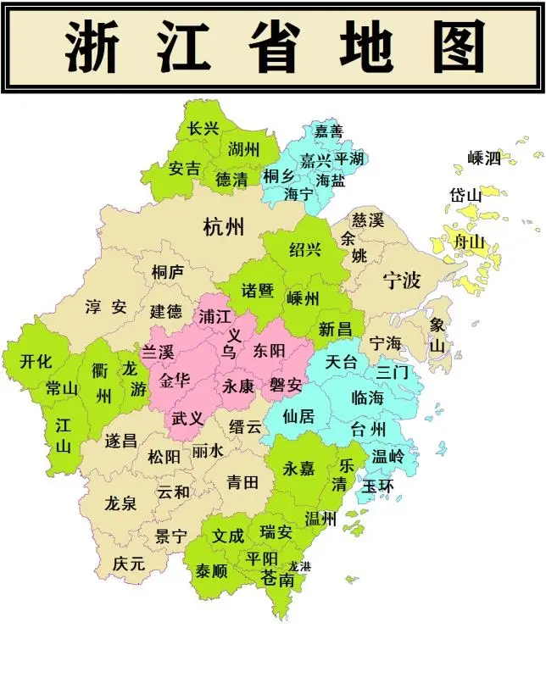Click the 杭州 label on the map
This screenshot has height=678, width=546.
(224, 226)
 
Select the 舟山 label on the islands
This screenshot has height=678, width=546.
(470, 242)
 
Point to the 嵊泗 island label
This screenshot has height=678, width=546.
(484, 158)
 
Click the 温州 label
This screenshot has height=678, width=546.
(321, 518)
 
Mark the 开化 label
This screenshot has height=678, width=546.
(36, 361)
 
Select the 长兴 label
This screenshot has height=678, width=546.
(203, 129)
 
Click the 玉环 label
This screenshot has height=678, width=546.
(378, 486)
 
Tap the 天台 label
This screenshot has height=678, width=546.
(343, 362)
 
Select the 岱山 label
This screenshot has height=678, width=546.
(465, 195)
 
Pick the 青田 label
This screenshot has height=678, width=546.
(242, 483)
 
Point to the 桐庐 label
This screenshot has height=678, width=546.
(167, 271)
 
